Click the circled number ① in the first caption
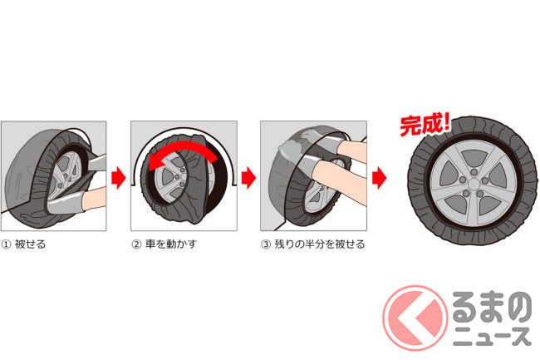(6, 244)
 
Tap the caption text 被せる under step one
(30, 244)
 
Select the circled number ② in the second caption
(136, 244)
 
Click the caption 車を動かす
(171, 244)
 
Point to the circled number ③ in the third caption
(266, 244)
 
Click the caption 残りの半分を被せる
(320, 244)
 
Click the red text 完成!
(425, 125)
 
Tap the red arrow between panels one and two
(119, 178)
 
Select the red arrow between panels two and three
(248, 178)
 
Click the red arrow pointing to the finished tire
(379, 178)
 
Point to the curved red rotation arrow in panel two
(183, 146)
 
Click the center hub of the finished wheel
(474, 183)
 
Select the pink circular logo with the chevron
(415, 318)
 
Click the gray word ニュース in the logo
(493, 337)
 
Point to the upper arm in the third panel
(351, 150)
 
